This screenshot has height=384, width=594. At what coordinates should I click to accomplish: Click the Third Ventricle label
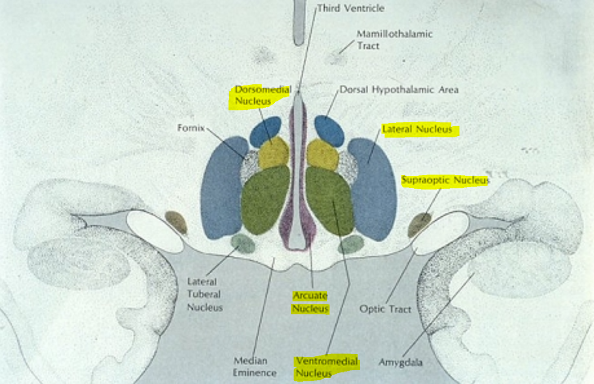tap(350, 8)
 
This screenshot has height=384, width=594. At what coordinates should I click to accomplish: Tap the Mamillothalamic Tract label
tap(395, 40)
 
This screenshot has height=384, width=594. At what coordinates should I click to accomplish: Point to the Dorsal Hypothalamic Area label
tap(399, 90)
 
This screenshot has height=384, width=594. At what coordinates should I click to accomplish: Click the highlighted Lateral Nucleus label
tap(417, 129)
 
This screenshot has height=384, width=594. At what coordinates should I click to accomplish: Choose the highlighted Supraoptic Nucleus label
tap(445, 180)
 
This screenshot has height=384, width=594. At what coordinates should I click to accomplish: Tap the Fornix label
tap(191, 128)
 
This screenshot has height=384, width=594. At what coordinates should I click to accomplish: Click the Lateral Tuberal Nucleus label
tap(204, 294)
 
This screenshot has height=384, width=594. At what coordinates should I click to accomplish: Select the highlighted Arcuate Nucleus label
tap(310, 302)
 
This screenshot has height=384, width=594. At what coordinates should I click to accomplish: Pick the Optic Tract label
tap(385, 309)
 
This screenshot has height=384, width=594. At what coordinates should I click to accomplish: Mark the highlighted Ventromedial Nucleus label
tap(327, 368)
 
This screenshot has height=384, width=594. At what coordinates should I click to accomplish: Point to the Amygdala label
tap(400, 362)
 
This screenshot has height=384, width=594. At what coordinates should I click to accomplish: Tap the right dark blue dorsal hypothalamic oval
tap(330, 130)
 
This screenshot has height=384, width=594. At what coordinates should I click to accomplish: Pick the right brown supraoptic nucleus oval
tap(419, 224)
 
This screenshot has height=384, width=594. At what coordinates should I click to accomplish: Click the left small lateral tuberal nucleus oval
tap(243, 243)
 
